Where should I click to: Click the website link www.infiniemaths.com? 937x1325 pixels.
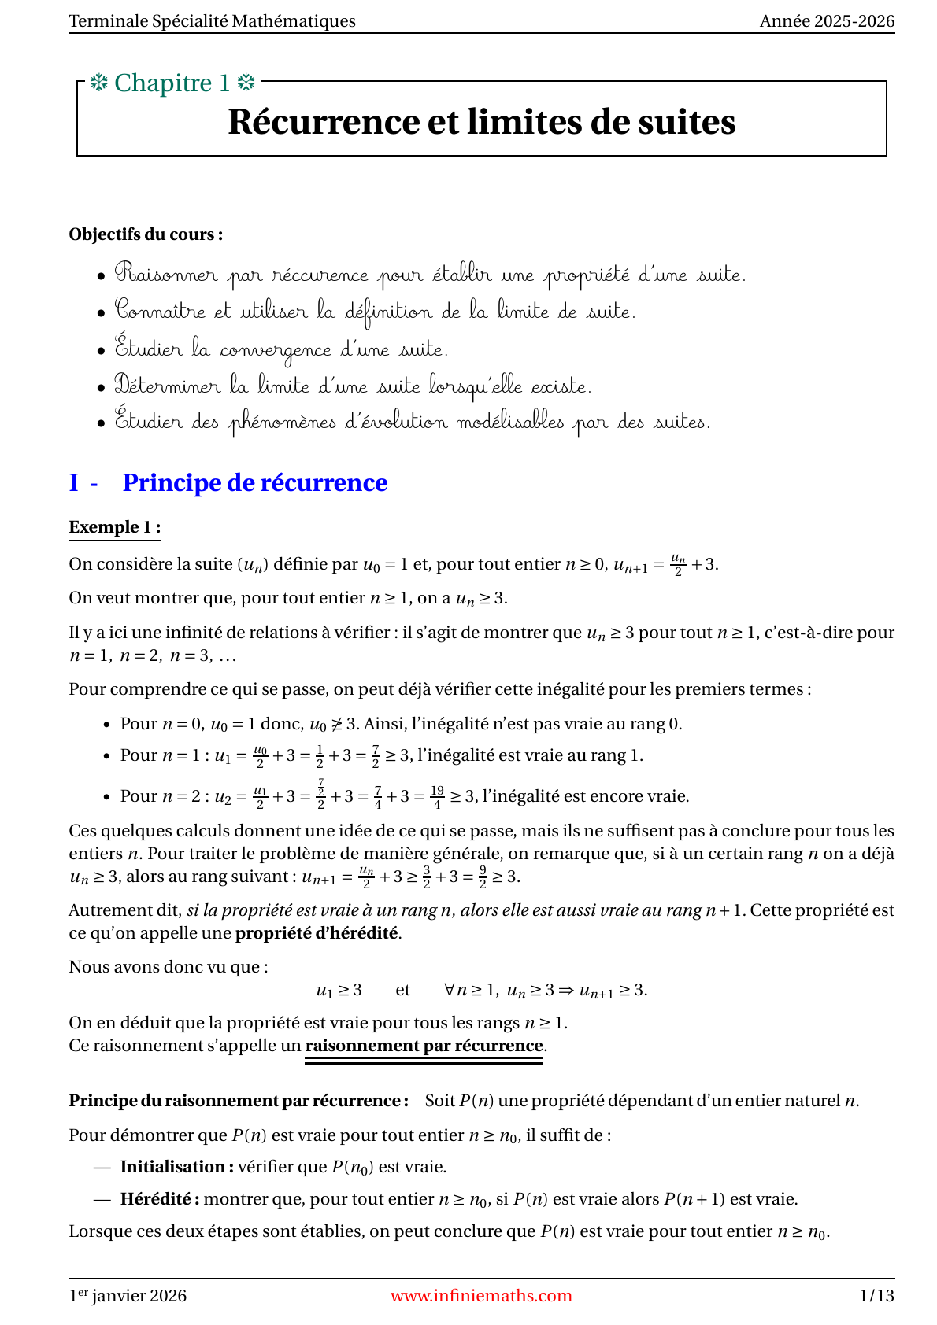tap(481, 1296)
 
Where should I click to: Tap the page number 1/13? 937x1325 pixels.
tap(876, 1296)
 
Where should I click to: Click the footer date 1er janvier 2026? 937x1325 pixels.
tap(128, 1296)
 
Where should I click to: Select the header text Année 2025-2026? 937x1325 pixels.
tap(827, 21)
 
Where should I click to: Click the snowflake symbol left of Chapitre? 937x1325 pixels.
tap(98, 83)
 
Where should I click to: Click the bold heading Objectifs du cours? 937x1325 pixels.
tap(146, 234)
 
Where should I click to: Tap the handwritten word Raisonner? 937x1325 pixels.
tap(166, 275)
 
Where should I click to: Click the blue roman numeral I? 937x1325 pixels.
tap(74, 482)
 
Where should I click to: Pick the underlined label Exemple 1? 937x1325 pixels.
tap(114, 527)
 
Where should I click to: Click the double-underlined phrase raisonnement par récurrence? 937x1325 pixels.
tap(424, 1046)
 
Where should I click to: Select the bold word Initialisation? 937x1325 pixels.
tap(176, 1167)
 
